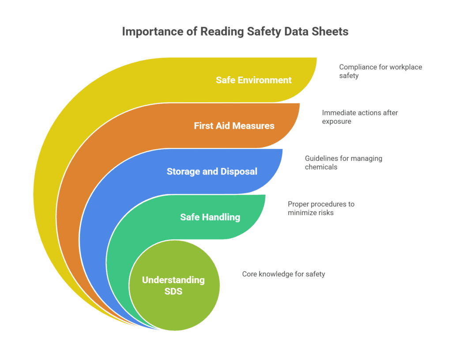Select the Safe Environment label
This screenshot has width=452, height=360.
pos(254,80)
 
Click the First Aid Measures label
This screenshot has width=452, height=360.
pos(234,126)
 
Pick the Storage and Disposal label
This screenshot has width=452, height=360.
pos(212,171)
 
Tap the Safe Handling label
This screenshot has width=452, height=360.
pos(210,217)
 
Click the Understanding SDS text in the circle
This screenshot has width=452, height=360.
pos(173,285)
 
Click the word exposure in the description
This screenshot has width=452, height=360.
pos(336,121)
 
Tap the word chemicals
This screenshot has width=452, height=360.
pos(321,167)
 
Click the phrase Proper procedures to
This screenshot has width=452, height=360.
pos(321,204)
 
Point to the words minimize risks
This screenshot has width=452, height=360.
pos(311,212)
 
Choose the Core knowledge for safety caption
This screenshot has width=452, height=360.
pos(283,274)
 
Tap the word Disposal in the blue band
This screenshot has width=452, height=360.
pos(239,171)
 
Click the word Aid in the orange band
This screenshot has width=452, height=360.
pos(223,126)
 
